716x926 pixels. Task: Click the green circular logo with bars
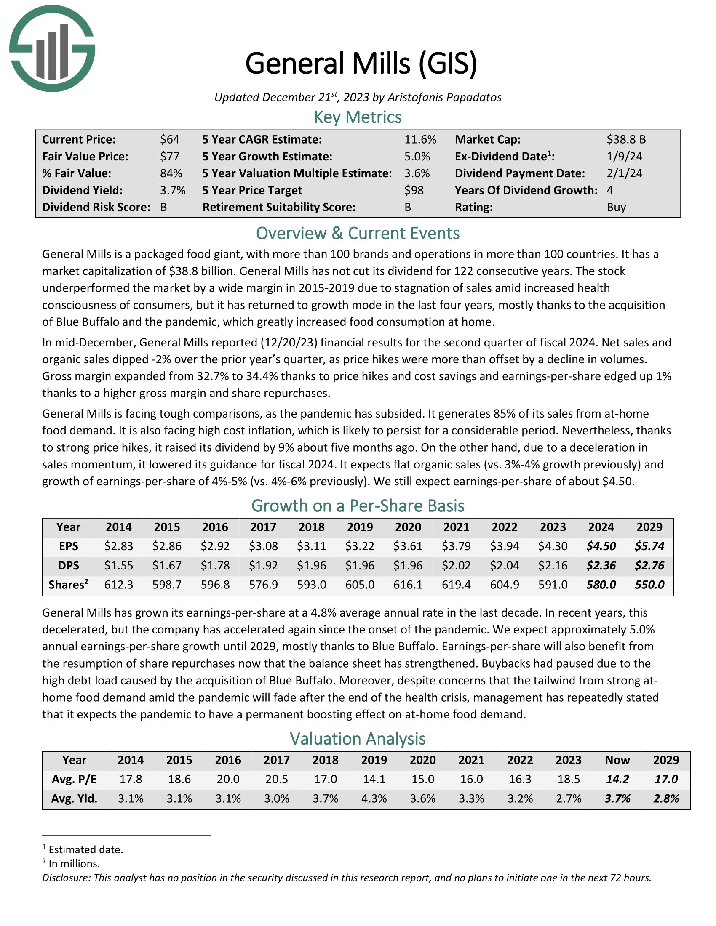tap(52, 49)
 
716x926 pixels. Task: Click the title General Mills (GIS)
tap(361, 64)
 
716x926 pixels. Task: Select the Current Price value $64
tap(170, 139)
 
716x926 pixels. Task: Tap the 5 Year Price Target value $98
tap(414, 190)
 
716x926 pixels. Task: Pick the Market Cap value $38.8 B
tap(625, 139)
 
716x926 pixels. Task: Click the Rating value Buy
tap(616, 208)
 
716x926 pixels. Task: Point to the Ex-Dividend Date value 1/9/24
tap(624, 157)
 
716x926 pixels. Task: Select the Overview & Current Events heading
tap(358, 234)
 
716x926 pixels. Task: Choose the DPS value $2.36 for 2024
tap(601, 566)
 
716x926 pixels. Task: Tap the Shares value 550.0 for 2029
tap(649, 585)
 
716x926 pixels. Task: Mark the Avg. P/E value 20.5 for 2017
tap(277, 779)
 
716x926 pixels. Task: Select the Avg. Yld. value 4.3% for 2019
tap(374, 799)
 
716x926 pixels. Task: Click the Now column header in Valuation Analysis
tap(617, 760)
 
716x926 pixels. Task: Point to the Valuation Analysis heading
tap(358, 739)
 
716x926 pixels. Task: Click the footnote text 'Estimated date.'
tap(85, 850)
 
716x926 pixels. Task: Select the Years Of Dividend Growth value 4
tap(609, 190)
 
